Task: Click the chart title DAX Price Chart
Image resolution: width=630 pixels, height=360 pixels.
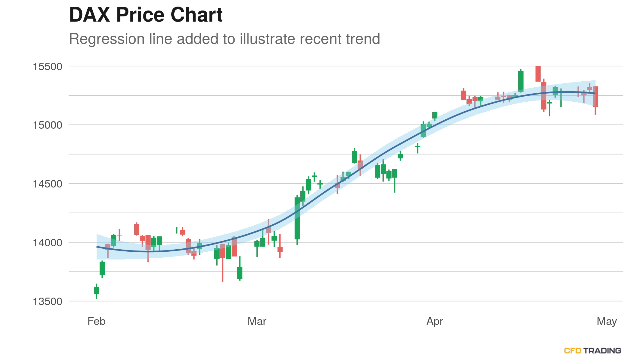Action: pos(146,15)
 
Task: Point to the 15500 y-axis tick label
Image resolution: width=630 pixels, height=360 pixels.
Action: pos(47,67)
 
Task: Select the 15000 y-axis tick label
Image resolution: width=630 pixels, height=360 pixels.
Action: pos(47,125)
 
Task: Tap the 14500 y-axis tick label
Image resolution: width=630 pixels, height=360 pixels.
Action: pos(47,184)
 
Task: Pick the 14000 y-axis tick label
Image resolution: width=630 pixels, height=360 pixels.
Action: pos(47,243)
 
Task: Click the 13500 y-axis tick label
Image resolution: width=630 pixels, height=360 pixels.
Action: pos(47,301)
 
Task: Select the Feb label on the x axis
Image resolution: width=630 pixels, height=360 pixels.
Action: pos(96,321)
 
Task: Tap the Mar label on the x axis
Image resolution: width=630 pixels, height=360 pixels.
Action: pos(257,321)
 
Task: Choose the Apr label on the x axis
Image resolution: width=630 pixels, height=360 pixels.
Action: pos(434,321)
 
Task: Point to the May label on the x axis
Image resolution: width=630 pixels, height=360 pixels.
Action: pos(607,321)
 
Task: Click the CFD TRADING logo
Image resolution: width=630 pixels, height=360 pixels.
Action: pos(592,351)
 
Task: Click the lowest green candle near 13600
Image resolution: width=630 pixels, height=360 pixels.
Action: pos(96,290)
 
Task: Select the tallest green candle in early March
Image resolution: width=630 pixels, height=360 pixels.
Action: pos(297,218)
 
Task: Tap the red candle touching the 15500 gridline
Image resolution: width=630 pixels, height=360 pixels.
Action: pos(538,74)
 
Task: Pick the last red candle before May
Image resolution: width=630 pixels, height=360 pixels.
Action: pos(595,97)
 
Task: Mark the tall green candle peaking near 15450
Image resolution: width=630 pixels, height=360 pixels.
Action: pos(521,81)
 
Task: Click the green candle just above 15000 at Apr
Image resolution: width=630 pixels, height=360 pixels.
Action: pos(435,115)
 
